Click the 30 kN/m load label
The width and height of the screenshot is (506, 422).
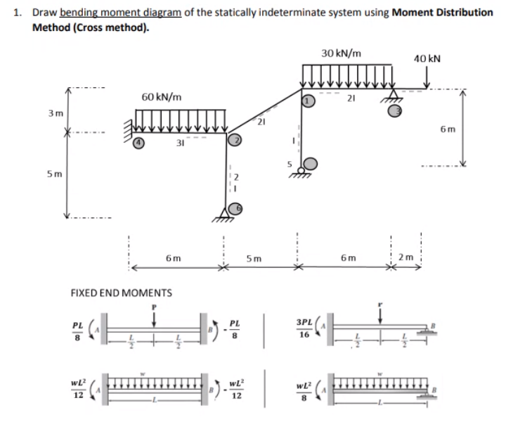[x=342, y=53]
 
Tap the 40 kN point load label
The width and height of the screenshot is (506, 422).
[x=427, y=58]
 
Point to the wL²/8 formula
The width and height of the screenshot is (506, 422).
[x=304, y=388]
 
